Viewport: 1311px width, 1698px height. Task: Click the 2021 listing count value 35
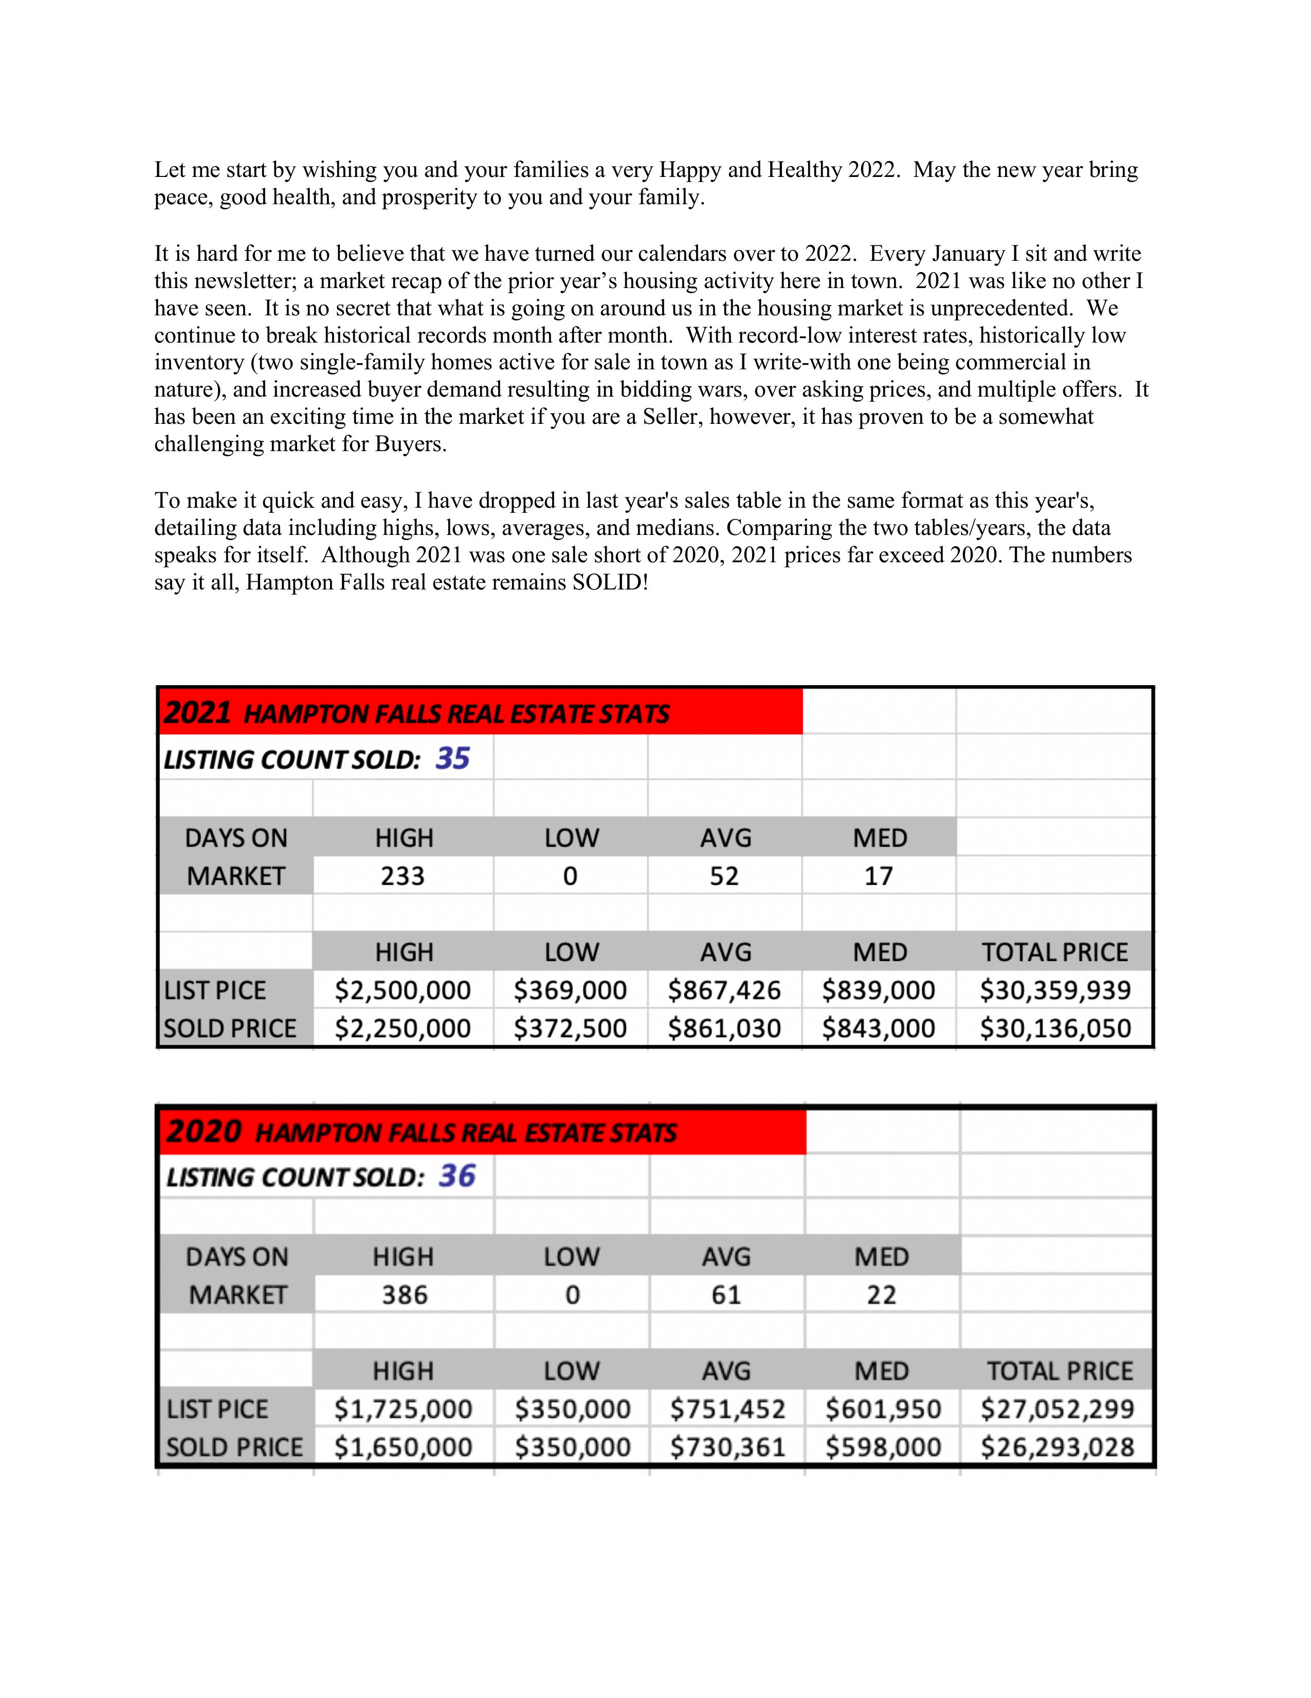click(x=452, y=758)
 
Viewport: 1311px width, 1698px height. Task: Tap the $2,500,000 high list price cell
click(x=403, y=991)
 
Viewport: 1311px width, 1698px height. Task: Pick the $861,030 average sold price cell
click(x=724, y=1029)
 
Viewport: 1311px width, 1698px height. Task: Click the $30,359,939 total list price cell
click(x=1054, y=991)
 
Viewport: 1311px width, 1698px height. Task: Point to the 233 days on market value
click(x=403, y=876)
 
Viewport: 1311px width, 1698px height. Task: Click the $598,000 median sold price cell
click(x=883, y=1447)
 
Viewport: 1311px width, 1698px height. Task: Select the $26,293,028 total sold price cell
click(x=1057, y=1447)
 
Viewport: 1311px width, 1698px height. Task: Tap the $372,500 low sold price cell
click(x=570, y=1029)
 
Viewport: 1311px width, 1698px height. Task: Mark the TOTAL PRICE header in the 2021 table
click(x=1054, y=953)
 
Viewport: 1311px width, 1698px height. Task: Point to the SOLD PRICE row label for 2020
click(x=234, y=1447)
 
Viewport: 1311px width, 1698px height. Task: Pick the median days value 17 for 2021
click(x=879, y=876)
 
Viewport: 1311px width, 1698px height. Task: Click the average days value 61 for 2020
click(x=726, y=1295)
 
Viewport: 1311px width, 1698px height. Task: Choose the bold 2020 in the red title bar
click(x=204, y=1131)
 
